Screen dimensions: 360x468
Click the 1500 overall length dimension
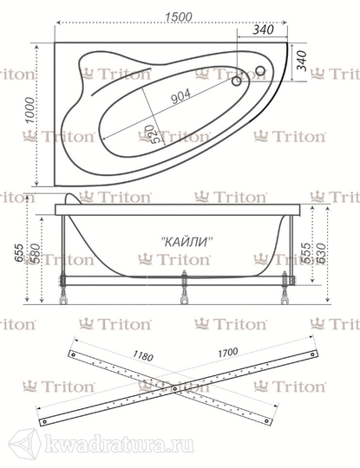[x=179, y=16]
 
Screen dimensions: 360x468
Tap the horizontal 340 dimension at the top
[x=263, y=29]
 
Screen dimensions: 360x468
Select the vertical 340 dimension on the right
[x=301, y=61]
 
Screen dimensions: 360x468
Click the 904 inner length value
[x=181, y=96]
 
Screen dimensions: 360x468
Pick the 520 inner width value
[x=150, y=133]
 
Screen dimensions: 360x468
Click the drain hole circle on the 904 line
[x=237, y=81]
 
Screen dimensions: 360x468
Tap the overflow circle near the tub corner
[x=260, y=71]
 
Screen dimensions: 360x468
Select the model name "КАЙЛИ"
[x=187, y=241]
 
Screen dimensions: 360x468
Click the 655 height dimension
[x=19, y=253]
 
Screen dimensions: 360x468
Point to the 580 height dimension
[x=35, y=253]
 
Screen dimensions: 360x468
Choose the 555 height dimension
[x=305, y=253]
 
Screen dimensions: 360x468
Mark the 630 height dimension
[x=321, y=253]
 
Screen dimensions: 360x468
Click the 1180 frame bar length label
[x=143, y=355]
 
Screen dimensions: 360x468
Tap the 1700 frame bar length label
[x=228, y=353]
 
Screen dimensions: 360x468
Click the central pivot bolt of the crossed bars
[x=175, y=388]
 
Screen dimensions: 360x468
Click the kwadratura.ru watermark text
[x=119, y=445]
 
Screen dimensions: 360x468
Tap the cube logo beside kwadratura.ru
[x=24, y=445]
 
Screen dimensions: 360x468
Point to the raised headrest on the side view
[x=73, y=198]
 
